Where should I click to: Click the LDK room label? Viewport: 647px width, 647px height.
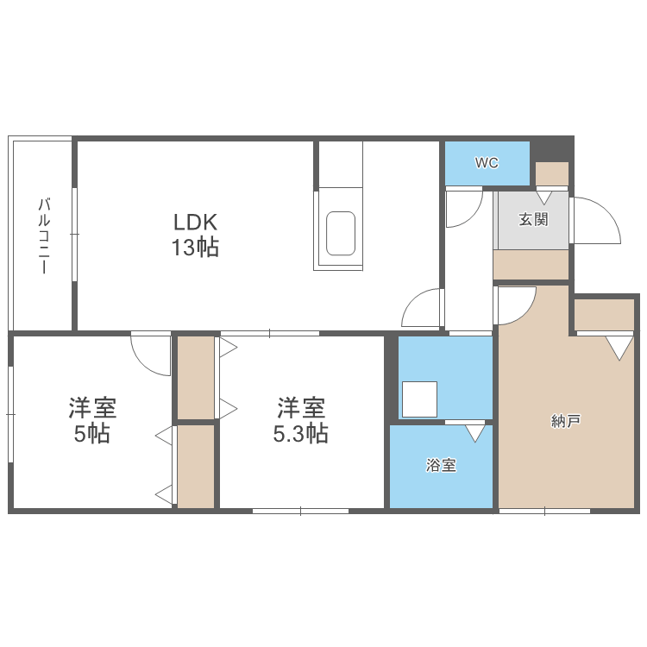coord(195,222)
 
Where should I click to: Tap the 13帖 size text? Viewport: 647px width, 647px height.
coord(195,248)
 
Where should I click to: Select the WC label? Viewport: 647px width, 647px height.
coord(487,163)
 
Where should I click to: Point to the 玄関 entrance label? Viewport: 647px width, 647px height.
coord(533,219)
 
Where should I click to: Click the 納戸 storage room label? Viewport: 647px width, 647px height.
coord(566,422)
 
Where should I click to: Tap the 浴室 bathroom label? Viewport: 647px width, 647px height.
coord(441,466)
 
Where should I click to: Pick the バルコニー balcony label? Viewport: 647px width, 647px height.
coord(42,236)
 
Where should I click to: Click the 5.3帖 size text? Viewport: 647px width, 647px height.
coord(300,434)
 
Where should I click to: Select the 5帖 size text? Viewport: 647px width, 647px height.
coord(92,434)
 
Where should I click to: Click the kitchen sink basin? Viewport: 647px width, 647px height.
coord(340,233)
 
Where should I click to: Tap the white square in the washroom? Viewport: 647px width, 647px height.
coord(420,399)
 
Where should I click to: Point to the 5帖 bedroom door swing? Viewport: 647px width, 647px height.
coord(151,355)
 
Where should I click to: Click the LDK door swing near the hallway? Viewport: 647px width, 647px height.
coord(423,308)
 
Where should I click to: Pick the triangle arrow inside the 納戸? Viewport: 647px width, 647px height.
coord(619,347)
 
